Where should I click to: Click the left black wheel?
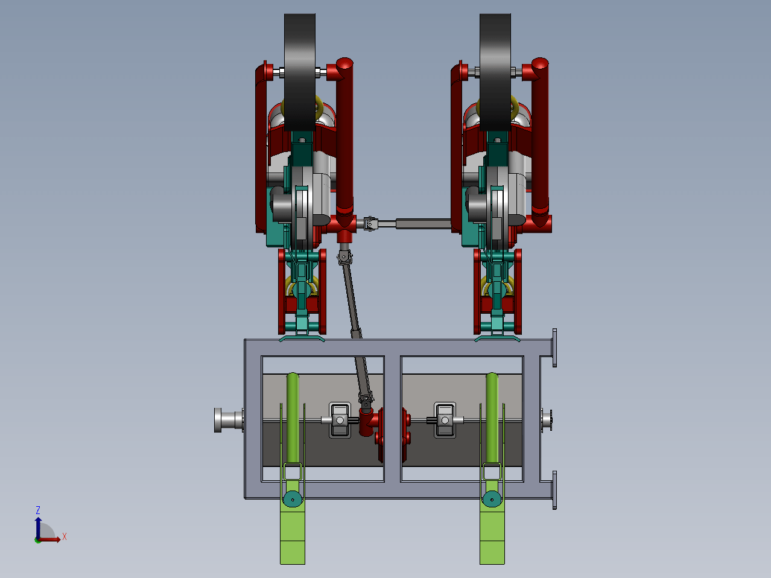click(x=300, y=72)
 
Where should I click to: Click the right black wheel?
click(x=495, y=72)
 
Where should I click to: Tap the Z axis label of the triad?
click(x=38, y=510)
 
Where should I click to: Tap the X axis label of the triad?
click(x=65, y=536)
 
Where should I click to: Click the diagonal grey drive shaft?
click(x=355, y=326)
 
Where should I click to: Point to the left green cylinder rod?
click(x=293, y=418)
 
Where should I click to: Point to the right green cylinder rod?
click(x=492, y=418)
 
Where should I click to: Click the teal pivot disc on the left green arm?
click(x=293, y=499)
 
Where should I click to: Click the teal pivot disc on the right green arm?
click(x=492, y=499)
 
